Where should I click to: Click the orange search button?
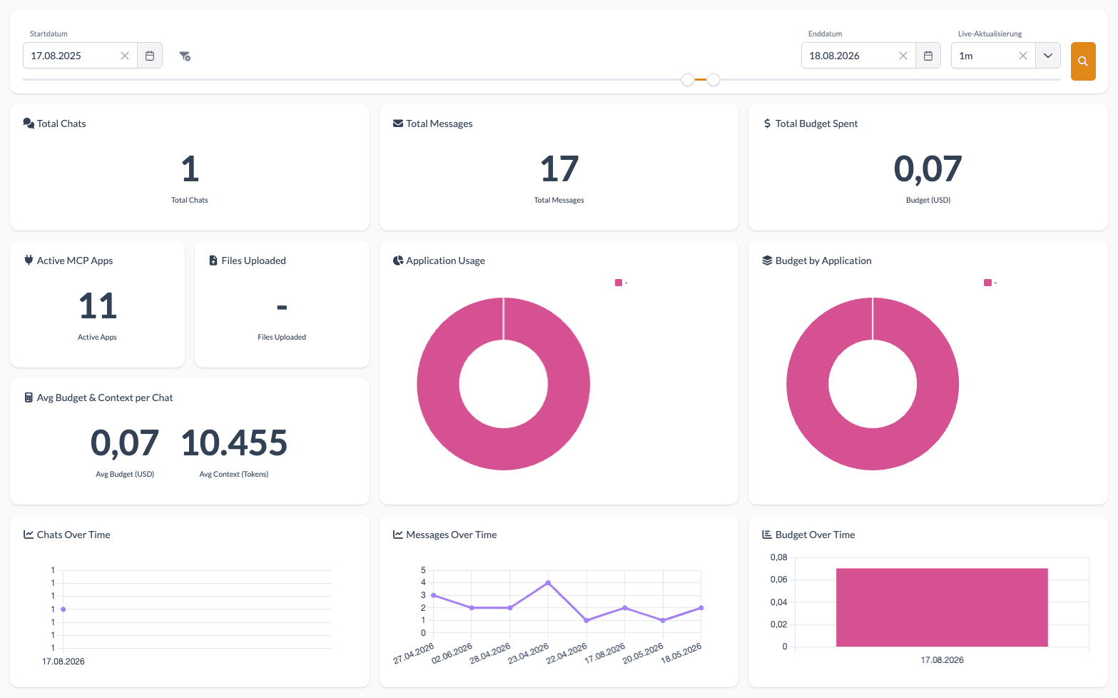pos(1083,61)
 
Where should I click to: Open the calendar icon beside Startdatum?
pos(150,56)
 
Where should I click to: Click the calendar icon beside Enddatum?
pos(928,56)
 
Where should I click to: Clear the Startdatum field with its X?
pos(125,56)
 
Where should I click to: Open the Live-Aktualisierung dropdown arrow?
pos(1047,56)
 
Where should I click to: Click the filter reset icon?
pos(185,56)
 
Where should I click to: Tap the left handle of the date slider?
pos(688,80)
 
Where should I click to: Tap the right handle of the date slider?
pos(713,80)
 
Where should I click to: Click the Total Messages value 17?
pos(559,168)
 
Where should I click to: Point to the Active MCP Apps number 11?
pos(97,305)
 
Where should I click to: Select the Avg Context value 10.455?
pos(233,442)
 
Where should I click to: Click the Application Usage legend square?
pos(619,283)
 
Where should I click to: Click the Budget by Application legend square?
pos(987,283)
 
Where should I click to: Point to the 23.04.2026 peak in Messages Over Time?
pos(548,582)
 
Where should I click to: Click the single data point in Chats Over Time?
pos(63,609)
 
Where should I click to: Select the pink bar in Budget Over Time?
pos(942,607)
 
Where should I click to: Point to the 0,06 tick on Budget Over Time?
pos(778,580)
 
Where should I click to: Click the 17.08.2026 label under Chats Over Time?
pos(63,661)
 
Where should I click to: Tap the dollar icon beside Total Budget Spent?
pos(767,123)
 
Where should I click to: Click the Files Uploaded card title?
pos(253,261)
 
